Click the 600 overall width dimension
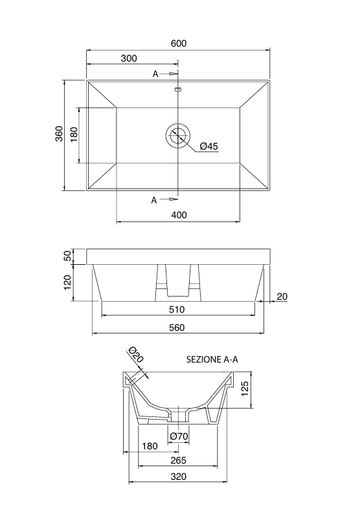179,43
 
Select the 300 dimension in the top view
129,58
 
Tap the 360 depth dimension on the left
59,135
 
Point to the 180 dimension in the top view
74,135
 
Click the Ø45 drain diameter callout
208,146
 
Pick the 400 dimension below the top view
179,215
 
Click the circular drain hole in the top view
177,135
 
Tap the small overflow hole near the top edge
177,90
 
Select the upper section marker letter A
155,74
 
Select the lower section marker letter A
154,200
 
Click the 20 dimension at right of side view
282,297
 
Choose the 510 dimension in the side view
177,310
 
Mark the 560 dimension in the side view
177,328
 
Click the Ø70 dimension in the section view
179,437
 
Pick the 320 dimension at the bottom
179,477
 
